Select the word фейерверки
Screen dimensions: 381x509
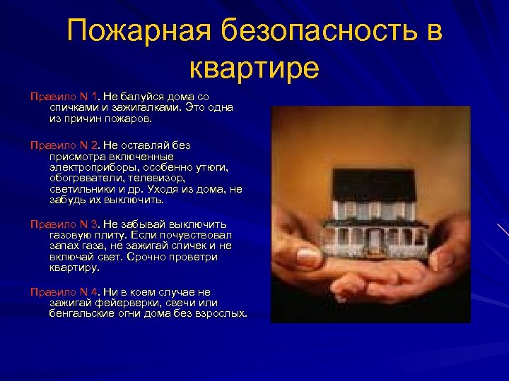(124, 302)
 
